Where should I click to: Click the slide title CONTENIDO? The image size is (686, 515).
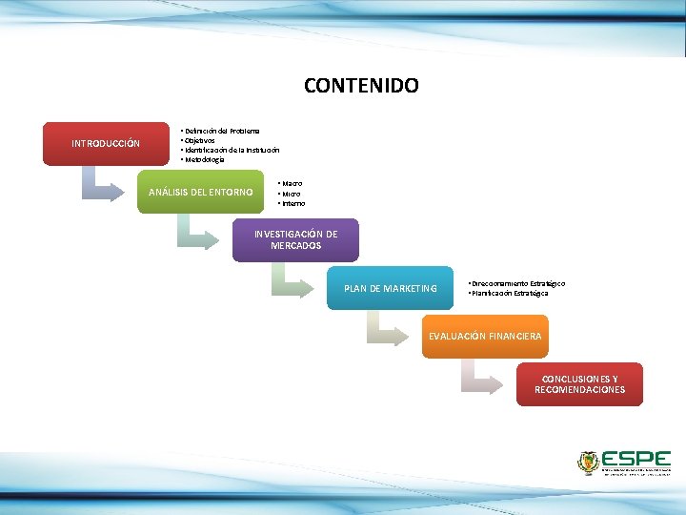click(x=361, y=86)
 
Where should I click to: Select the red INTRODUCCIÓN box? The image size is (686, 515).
click(x=106, y=144)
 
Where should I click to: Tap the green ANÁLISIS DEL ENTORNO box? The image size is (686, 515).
click(x=200, y=192)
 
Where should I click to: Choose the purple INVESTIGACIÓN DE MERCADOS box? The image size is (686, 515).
click(x=295, y=239)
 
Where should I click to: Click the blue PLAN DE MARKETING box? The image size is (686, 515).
click(x=391, y=288)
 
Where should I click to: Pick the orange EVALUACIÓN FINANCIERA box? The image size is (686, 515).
click(x=485, y=336)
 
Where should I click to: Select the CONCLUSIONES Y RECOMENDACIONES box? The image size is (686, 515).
click(x=579, y=384)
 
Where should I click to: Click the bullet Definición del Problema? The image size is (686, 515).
click(x=221, y=130)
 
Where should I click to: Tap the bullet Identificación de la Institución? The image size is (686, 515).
click(x=232, y=150)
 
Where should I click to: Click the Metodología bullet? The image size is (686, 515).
click(x=205, y=159)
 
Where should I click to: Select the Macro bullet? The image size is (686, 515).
click(x=292, y=182)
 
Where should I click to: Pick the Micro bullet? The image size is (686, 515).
click(x=291, y=194)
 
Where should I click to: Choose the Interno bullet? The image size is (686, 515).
click(x=293, y=203)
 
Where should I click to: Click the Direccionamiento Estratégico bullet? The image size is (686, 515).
click(x=517, y=283)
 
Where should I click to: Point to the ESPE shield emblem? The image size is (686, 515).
click(x=588, y=463)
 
